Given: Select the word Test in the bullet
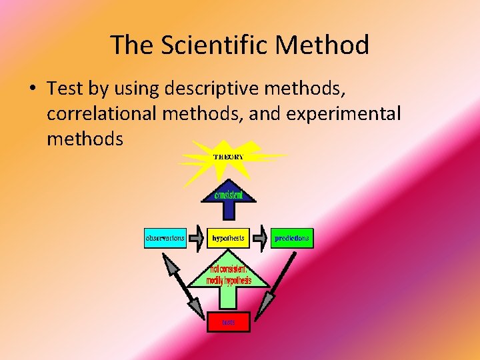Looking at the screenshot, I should point(64,88).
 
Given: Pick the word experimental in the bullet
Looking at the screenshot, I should point(343,113).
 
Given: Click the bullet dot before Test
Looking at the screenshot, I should point(32,89).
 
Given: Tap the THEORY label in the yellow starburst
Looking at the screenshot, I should point(228,157).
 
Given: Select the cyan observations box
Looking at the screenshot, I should point(165,238).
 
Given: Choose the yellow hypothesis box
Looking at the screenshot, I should point(228,238).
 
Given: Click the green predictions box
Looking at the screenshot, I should point(292,238).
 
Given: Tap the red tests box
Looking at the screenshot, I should point(228,322).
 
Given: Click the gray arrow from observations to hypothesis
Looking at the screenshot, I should point(196,238).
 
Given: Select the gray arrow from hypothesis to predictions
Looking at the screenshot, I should point(261,238).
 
